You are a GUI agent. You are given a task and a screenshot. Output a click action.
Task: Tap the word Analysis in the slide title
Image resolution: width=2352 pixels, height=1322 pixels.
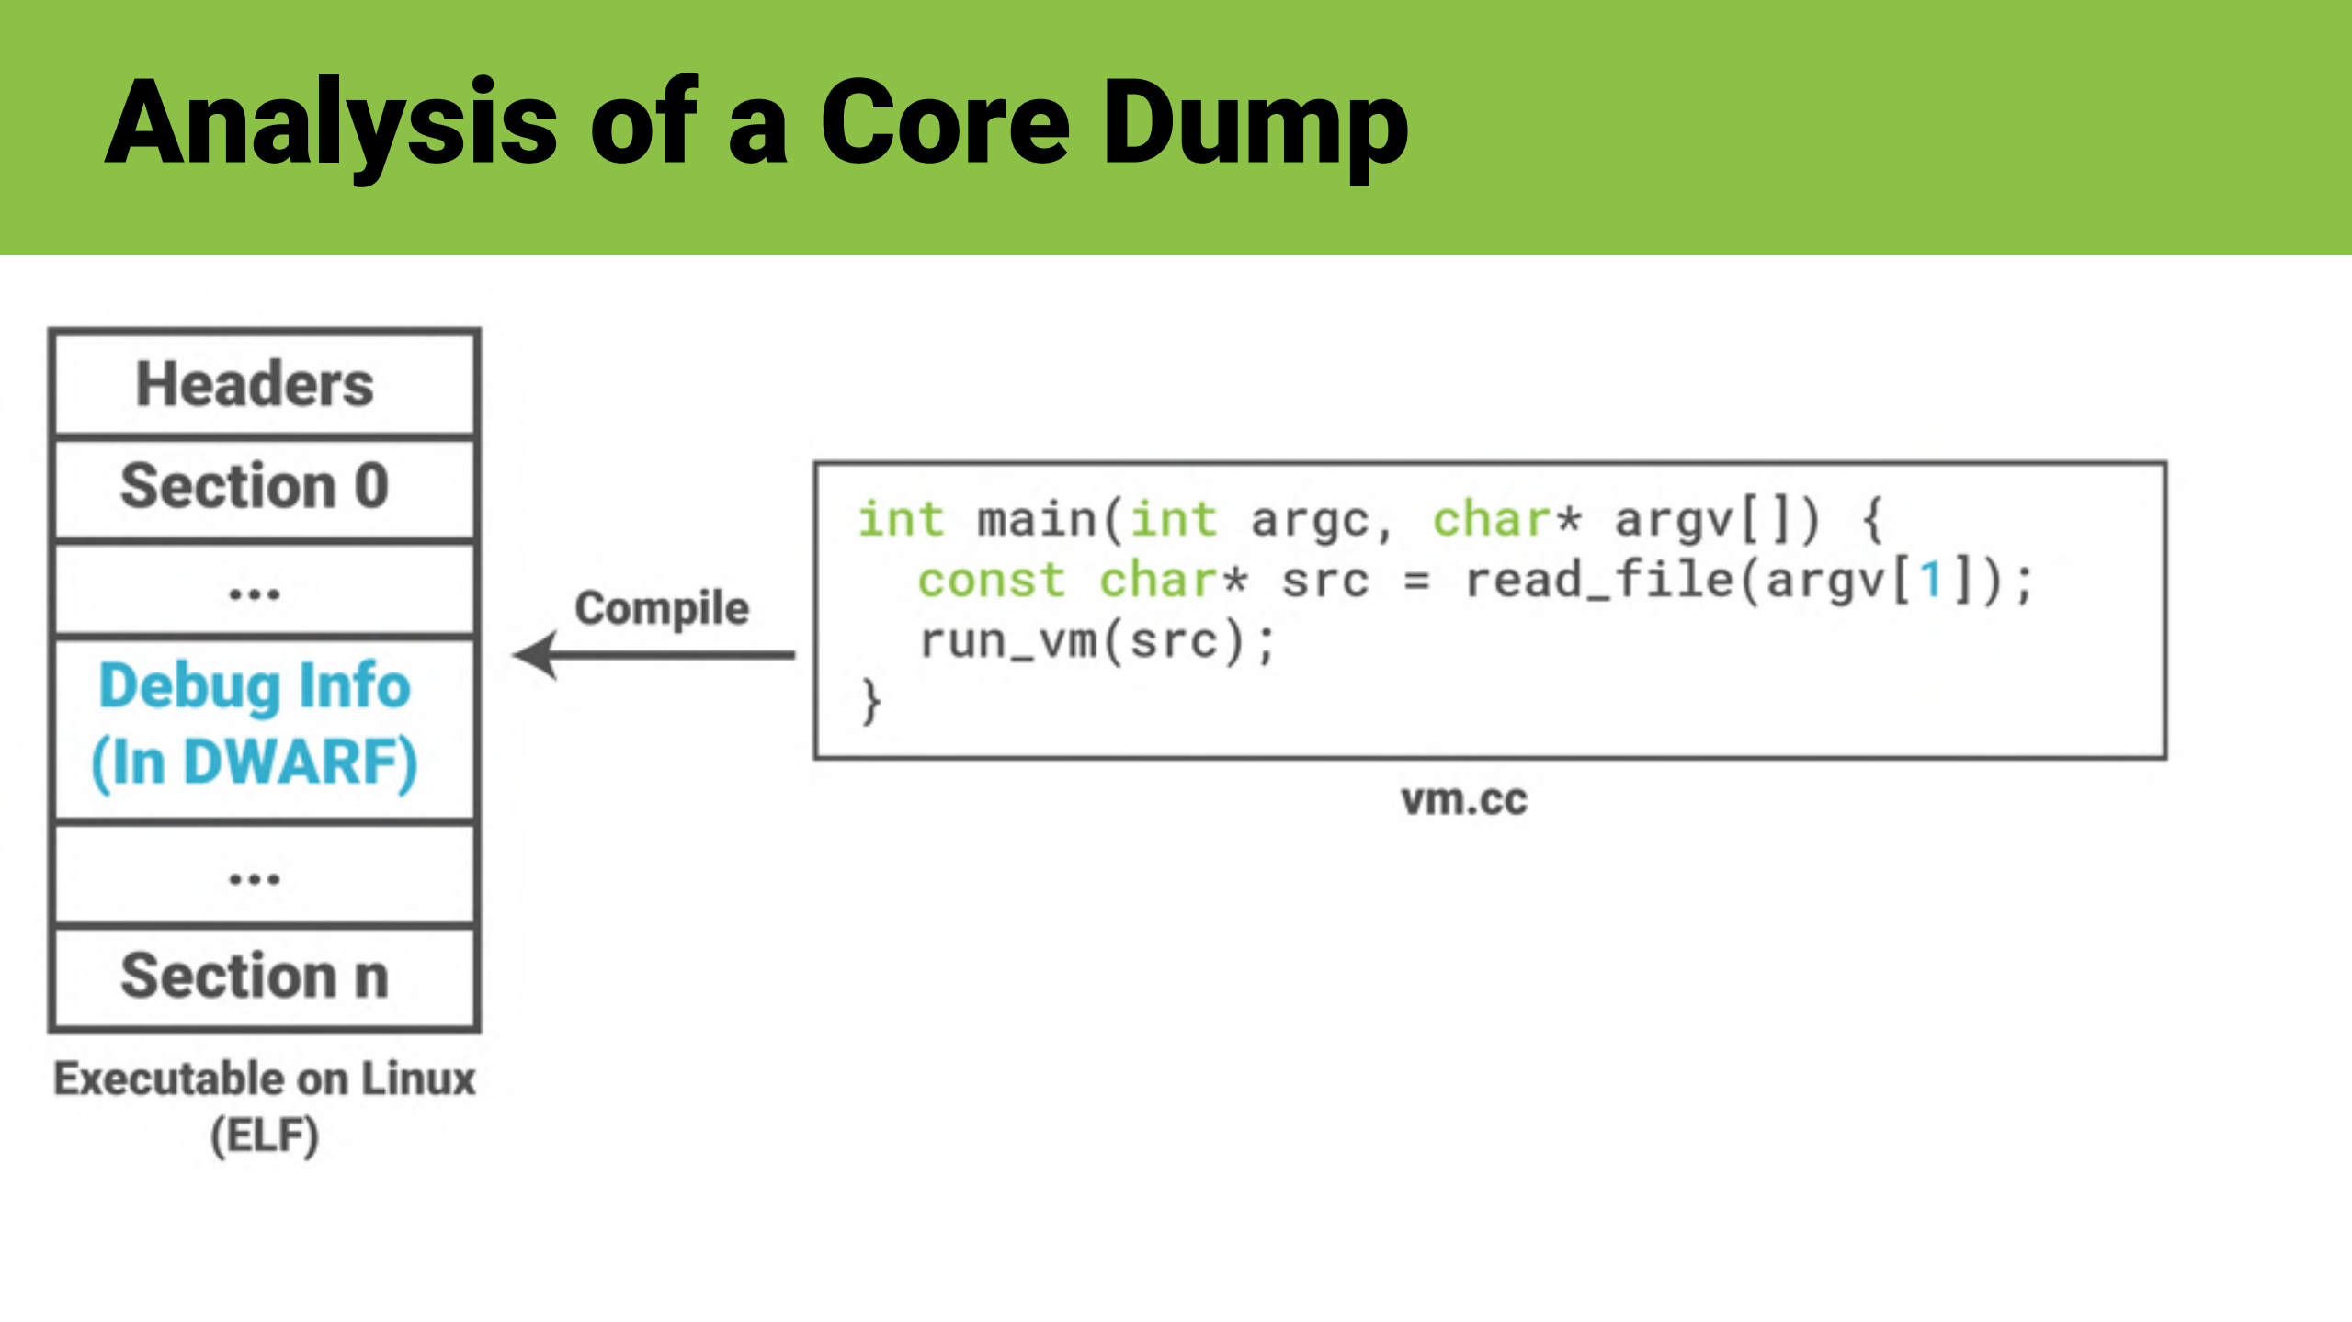331,124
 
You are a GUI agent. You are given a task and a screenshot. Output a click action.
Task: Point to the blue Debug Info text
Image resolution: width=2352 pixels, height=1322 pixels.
255,686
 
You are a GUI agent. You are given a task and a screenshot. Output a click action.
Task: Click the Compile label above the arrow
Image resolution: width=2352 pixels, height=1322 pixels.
662,608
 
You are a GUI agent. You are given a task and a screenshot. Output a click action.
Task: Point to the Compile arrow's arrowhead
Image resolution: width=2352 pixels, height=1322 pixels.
538,655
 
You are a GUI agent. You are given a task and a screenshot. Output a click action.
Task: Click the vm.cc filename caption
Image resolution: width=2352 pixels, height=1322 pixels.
1464,799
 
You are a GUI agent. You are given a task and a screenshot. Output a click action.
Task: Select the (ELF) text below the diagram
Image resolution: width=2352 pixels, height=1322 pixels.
265,1136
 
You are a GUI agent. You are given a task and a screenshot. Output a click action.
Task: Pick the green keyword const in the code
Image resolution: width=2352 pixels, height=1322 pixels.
991,581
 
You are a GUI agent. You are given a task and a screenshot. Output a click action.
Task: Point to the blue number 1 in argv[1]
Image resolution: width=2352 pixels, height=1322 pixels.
1931,581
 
